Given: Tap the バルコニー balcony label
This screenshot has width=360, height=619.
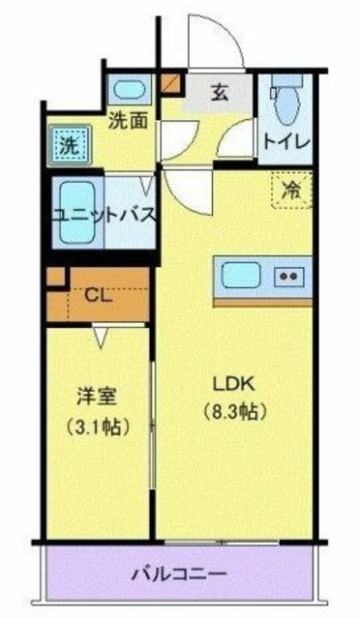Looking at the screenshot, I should pyautogui.click(x=178, y=575).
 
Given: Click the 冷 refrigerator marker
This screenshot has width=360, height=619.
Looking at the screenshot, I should pyautogui.click(x=290, y=191).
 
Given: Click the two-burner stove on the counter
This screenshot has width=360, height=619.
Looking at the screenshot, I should pyautogui.click(x=288, y=276).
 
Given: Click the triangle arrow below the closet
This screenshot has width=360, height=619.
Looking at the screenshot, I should pyautogui.click(x=102, y=335).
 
